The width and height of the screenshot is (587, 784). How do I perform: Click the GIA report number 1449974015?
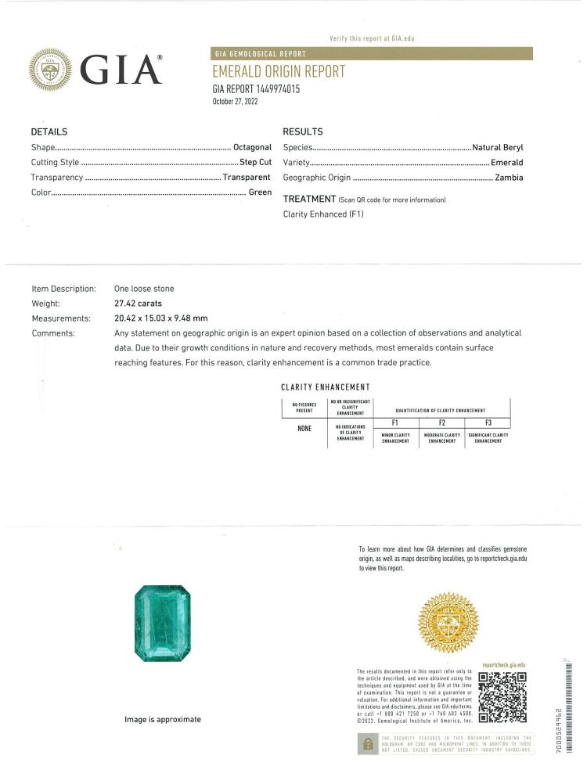point(256,89)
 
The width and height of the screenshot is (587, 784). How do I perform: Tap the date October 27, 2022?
point(235,102)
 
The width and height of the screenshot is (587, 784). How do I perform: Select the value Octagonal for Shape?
point(252,147)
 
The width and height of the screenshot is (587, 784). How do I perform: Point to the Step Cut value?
point(255,162)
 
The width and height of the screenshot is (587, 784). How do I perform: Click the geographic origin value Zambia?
point(509,177)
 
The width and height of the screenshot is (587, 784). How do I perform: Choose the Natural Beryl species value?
point(498,147)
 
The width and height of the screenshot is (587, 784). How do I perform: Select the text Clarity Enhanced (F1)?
point(323,214)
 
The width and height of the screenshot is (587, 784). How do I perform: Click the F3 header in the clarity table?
point(488,423)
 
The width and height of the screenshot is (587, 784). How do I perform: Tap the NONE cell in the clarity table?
point(304,428)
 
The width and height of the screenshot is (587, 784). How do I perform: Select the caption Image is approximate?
point(163,720)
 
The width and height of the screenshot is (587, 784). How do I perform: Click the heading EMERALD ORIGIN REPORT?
point(279,72)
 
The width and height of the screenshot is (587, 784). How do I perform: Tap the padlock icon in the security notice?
point(366,743)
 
